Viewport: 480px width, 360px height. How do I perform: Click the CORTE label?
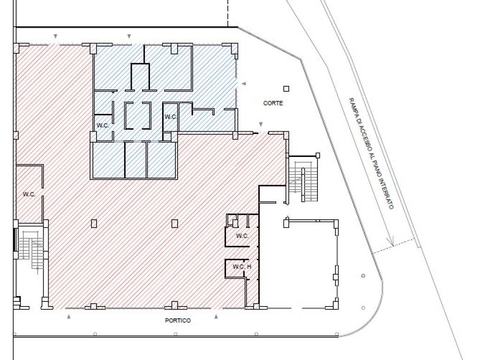(x=273, y=103)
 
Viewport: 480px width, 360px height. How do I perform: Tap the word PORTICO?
(x=178, y=321)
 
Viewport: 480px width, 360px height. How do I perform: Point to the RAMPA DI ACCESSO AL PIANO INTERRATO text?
(x=371, y=154)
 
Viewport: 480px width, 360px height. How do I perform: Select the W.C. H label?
(x=242, y=267)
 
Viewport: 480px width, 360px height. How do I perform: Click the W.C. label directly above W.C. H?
(x=242, y=236)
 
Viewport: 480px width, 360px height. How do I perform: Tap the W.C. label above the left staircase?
(x=29, y=195)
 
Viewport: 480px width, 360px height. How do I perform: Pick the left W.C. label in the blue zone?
(x=103, y=126)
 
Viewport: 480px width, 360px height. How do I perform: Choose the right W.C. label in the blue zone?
(x=171, y=117)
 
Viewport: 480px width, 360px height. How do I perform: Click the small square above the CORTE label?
(x=286, y=89)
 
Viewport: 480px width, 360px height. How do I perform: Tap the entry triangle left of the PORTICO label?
(x=69, y=317)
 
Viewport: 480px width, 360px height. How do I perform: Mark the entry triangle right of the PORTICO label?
(x=216, y=316)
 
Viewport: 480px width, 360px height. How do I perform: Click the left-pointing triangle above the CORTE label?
(x=244, y=83)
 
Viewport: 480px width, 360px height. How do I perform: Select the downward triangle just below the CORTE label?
(x=261, y=124)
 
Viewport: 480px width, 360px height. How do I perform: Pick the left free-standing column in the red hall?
(x=94, y=224)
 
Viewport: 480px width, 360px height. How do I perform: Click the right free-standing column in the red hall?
(x=174, y=224)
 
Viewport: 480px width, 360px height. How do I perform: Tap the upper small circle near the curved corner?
(x=363, y=276)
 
